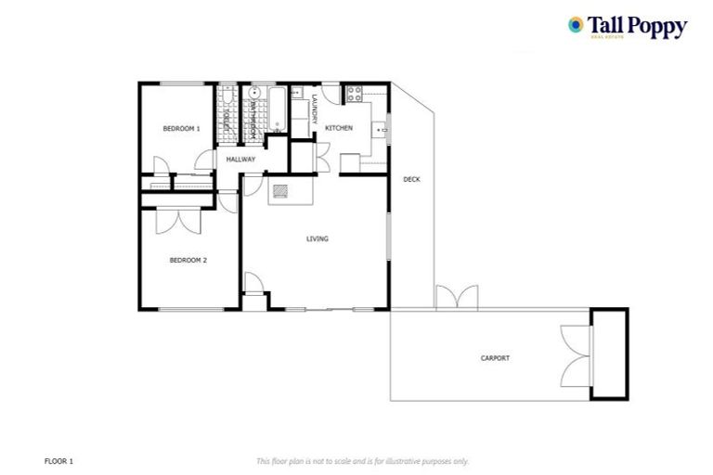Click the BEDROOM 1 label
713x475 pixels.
[x=181, y=129]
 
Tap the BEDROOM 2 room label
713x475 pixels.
[x=188, y=260]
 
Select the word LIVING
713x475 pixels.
[x=318, y=238]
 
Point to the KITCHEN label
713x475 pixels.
[x=338, y=128]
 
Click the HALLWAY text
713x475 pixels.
[x=240, y=160]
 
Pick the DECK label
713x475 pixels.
[x=411, y=178]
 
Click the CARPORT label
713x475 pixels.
[x=495, y=357]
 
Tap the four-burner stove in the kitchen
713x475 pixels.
[x=354, y=94]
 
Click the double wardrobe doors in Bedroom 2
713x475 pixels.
[x=176, y=220]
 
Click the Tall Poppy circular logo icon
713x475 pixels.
[x=577, y=25]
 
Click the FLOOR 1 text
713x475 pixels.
[x=58, y=460]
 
